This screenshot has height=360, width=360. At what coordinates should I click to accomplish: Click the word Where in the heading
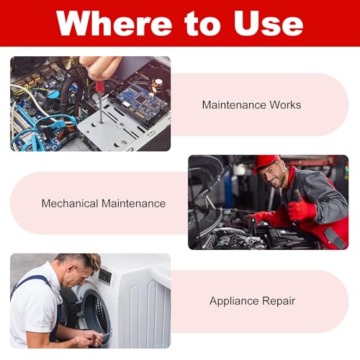(x=114, y=23)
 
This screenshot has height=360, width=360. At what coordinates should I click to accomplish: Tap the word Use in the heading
(x=269, y=23)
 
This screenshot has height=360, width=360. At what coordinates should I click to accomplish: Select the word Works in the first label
(x=285, y=105)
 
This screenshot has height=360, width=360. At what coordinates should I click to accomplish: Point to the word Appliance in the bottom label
(x=234, y=301)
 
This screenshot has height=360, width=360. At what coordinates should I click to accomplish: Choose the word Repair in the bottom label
(x=279, y=301)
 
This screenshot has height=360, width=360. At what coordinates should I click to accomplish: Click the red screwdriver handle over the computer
(x=99, y=87)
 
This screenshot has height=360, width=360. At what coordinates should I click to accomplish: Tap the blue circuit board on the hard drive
(x=142, y=100)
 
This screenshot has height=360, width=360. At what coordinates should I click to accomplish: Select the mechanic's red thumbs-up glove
(x=301, y=207)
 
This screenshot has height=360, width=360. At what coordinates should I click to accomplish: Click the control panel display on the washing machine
(x=105, y=276)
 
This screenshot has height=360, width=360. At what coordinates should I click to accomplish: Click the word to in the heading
(x=202, y=24)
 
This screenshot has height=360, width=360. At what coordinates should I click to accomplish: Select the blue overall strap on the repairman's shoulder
(x=30, y=283)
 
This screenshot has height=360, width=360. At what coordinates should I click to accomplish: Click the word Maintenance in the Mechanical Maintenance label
(x=133, y=204)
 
